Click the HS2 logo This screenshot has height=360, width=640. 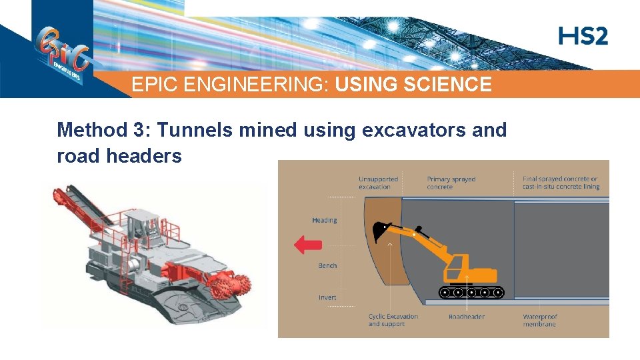pos(583,36)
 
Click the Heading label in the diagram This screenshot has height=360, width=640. pos(325,220)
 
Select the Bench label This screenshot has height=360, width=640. pos(327,265)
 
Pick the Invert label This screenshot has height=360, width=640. pos(327,297)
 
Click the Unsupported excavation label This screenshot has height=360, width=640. pos(378,183)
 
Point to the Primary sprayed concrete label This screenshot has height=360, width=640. pos(451,183)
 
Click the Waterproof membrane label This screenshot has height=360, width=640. pos(540,320)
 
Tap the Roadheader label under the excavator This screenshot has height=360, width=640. pos(467,317)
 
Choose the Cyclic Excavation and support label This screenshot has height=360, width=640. pos(393,320)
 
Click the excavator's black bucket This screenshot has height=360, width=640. pos(383,230)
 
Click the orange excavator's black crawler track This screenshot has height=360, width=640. pos(471,291)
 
